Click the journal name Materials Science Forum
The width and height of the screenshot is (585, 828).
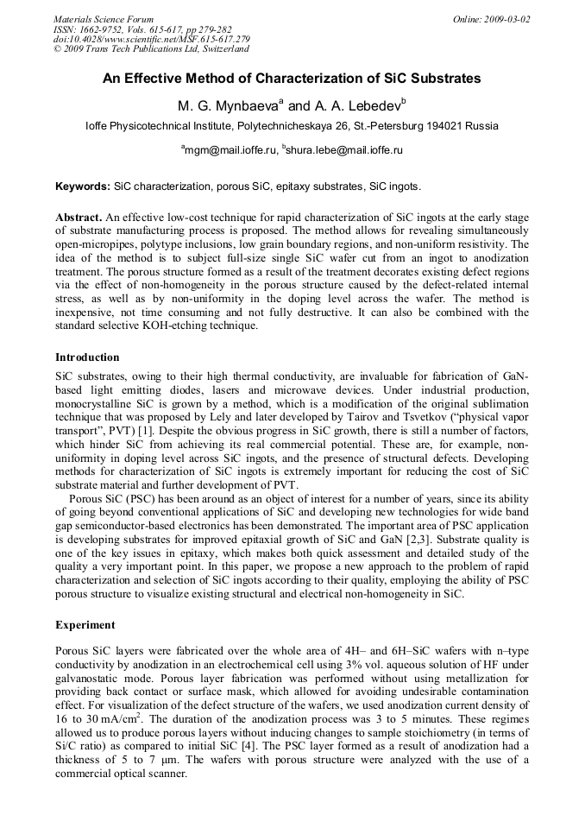(104, 19)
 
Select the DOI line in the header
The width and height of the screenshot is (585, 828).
(151, 39)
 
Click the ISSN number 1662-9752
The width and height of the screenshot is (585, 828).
(104, 29)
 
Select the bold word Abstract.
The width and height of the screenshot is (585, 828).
(79, 218)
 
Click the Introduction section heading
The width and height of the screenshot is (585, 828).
(88, 357)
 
